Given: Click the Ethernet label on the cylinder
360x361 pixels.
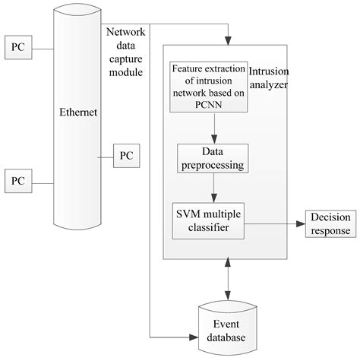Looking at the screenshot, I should tap(78, 113).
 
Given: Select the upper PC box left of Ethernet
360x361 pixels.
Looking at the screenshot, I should tap(17, 47).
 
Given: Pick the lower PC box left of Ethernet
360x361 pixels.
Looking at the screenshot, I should tap(17, 182).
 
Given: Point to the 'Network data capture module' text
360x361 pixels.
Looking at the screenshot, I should tap(125, 51).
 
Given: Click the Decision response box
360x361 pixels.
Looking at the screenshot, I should tap(330, 223).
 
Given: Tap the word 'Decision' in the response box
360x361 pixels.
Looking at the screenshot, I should tap(330, 217).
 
